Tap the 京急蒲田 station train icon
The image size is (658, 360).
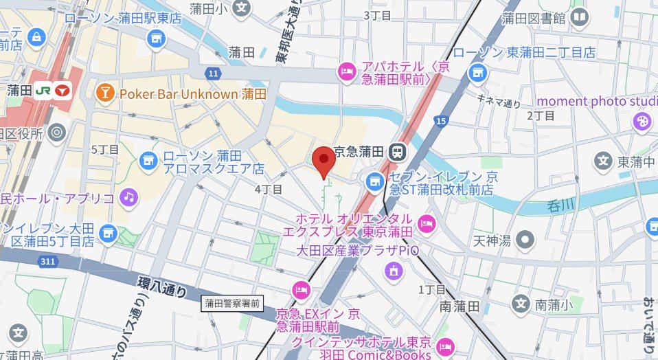pyautogui.click(x=396, y=153)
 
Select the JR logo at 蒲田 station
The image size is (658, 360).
pyautogui.click(x=43, y=90)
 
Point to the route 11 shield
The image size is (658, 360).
pyautogui.click(x=214, y=73)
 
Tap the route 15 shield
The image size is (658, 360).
pyautogui.click(x=440, y=122)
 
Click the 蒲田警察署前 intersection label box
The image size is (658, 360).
pyautogui.click(x=233, y=302)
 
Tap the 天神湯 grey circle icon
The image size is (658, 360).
pyautogui.click(x=525, y=240)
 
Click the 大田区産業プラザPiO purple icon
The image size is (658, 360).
pyautogui.click(x=393, y=270)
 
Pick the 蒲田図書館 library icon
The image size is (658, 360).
pyautogui.click(x=579, y=18)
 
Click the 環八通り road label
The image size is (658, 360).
pyautogui.click(x=162, y=285)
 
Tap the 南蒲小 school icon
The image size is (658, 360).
pyautogui.click(x=521, y=303)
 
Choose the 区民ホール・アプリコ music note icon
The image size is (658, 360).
pyautogui.click(x=128, y=199)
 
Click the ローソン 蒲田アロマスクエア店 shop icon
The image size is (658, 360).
pyautogui.click(x=147, y=161)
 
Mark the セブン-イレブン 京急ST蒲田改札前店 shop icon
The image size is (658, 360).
pyautogui.click(x=373, y=182)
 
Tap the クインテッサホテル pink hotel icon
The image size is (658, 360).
pyautogui.click(x=445, y=346)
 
